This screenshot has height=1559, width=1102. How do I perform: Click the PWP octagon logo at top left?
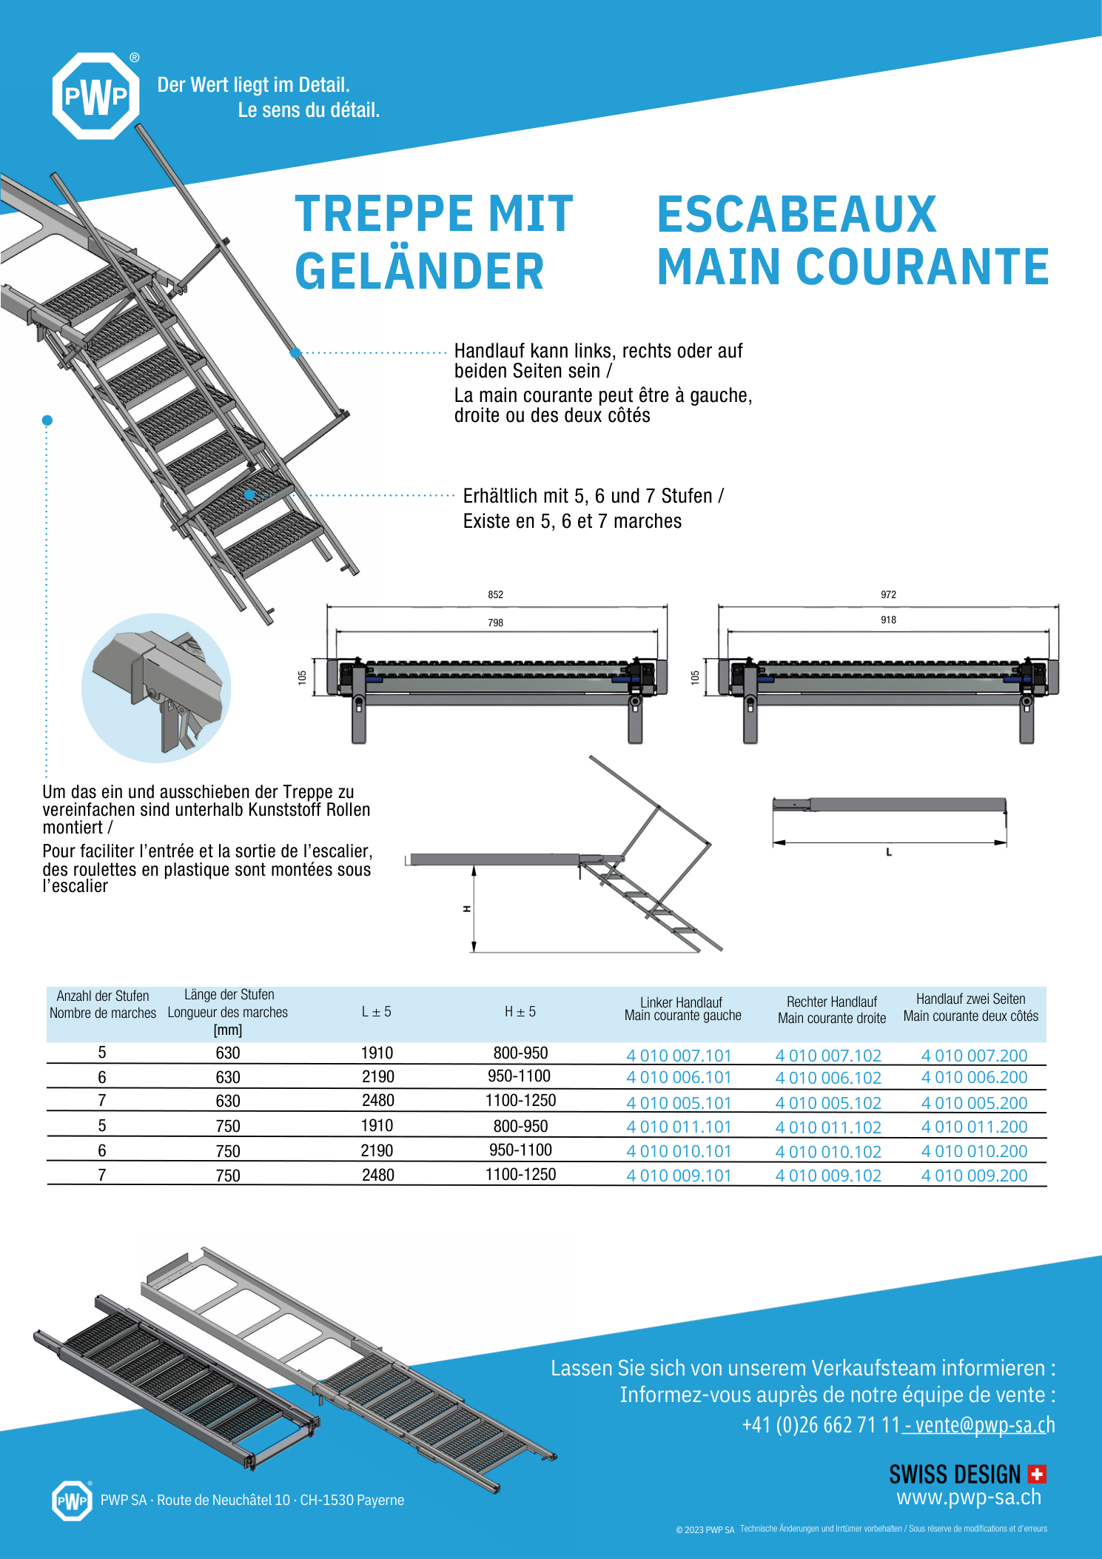pyautogui.click(x=95, y=96)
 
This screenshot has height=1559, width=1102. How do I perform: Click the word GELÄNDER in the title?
pyautogui.click(x=419, y=271)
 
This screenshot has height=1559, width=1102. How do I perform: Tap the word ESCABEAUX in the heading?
pyautogui.click(x=796, y=215)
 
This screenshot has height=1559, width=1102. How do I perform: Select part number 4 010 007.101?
pyautogui.click(x=678, y=1056)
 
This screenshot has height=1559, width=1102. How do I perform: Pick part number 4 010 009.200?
pyautogui.click(x=974, y=1176)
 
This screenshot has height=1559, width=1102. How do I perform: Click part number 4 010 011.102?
pyautogui.click(x=828, y=1127)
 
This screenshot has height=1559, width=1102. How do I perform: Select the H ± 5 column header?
pyautogui.click(x=520, y=1012)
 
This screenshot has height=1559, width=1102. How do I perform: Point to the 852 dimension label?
pyautogui.click(x=495, y=594)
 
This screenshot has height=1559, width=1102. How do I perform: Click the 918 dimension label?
pyautogui.click(x=888, y=620)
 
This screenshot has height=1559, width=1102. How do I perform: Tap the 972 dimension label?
pyautogui.click(x=888, y=594)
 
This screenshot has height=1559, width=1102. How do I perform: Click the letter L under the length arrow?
pyautogui.click(x=889, y=853)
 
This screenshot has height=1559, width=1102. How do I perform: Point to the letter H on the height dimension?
pyautogui.click(x=467, y=908)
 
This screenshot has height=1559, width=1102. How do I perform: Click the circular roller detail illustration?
pyautogui.click(x=156, y=688)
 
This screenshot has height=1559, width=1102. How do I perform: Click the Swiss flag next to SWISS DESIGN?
pyautogui.click(x=1037, y=1474)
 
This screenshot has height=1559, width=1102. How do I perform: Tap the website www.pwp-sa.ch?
pyautogui.click(x=968, y=1498)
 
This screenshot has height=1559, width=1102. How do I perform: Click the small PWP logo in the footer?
pyautogui.click(x=72, y=1501)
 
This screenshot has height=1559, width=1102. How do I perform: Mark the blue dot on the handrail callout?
pyautogui.click(x=295, y=353)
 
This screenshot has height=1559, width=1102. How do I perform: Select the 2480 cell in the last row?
pyautogui.click(x=377, y=1175)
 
